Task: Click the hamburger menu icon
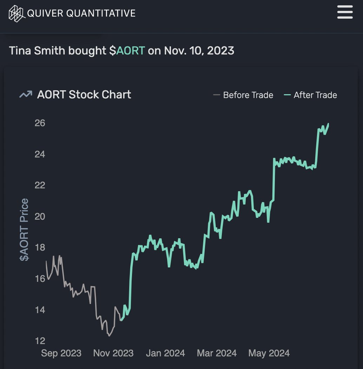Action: pos(345,12)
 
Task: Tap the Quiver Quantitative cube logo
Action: pos(16,13)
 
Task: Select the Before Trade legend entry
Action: pos(243,95)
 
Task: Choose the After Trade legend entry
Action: pos(311,95)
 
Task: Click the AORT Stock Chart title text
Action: pos(84,95)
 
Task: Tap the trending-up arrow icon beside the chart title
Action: pos(26,95)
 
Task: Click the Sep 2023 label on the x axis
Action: pos(61,353)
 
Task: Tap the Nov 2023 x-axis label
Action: pos(113,353)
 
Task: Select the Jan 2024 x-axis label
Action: pos(165,353)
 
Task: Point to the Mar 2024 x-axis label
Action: pos(217,353)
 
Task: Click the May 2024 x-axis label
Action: pos(269,353)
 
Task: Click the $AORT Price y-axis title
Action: pos(24,230)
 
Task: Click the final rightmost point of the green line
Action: pos(328,123)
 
